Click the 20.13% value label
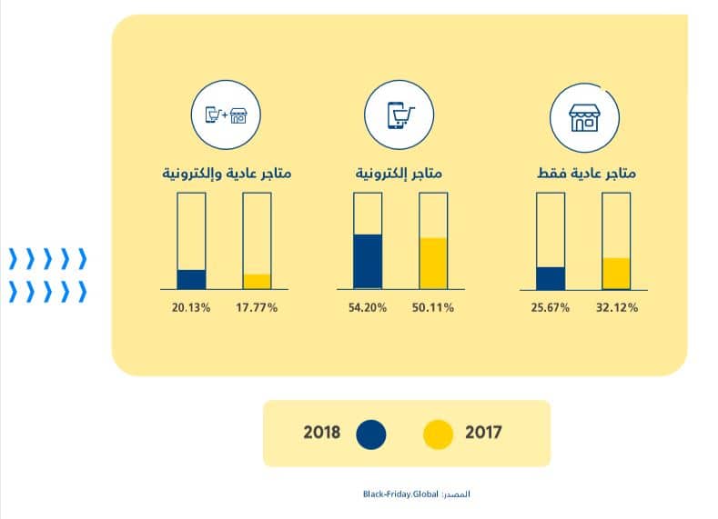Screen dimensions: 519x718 click(191, 307)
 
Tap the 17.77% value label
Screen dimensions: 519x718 click(258, 307)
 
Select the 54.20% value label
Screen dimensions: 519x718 click(368, 307)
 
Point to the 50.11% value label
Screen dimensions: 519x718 click(434, 307)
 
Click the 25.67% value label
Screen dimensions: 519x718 click(551, 307)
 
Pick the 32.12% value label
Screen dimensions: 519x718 click(617, 307)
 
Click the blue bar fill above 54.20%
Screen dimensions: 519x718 click(368, 262)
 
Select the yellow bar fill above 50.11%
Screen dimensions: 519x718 click(434, 264)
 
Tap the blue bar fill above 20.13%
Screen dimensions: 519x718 click(191, 279)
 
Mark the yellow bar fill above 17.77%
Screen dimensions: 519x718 click(258, 281)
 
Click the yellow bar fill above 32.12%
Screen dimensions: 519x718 click(617, 273)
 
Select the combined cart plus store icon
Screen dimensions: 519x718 click(225, 117)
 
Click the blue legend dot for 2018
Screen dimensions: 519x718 click(370, 434)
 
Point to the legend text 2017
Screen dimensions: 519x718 click(483, 433)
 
